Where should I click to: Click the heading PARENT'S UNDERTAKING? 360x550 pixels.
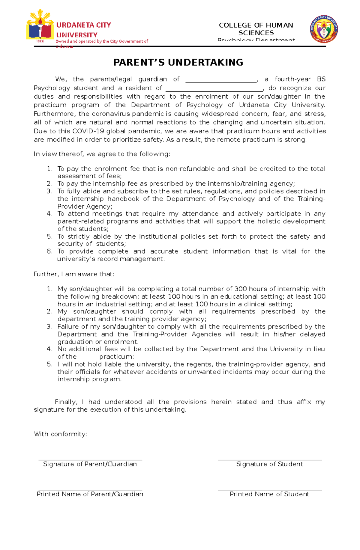point(178,62)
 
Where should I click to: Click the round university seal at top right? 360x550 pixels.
point(324,29)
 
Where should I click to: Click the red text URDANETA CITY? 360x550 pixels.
point(84,25)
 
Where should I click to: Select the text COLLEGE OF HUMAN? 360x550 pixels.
point(256,25)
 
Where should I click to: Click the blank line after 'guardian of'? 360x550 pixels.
point(221,82)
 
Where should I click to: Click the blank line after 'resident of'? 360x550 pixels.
point(214,90)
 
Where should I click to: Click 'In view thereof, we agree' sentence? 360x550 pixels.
point(102,154)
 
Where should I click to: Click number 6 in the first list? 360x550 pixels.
point(49,251)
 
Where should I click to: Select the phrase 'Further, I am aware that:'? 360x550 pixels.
point(74,274)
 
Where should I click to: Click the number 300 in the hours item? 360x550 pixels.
point(241,289)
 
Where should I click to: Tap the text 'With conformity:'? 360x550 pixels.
point(60,434)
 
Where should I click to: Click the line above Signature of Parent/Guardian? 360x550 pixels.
point(90,460)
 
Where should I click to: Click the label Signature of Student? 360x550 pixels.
point(269,464)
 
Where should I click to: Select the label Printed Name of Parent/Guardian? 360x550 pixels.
point(90,494)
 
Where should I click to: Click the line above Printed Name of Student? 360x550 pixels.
point(269,490)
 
